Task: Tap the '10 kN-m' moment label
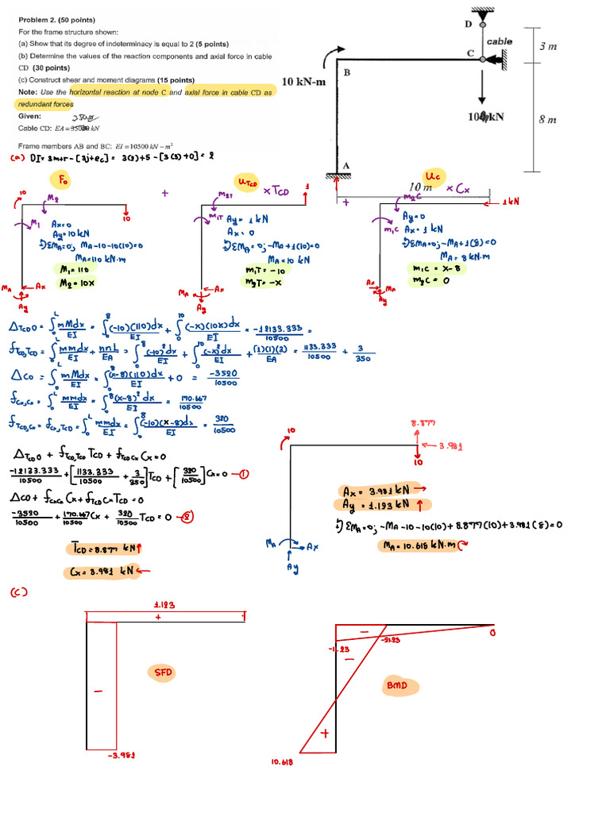point(303,81)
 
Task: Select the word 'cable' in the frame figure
point(499,41)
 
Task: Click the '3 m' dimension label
point(548,47)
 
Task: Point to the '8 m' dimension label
point(547,120)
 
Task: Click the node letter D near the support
point(468,25)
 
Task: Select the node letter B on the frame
point(347,72)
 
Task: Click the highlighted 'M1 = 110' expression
point(66,268)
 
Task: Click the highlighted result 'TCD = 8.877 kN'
point(103,547)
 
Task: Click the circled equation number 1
point(244,475)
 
